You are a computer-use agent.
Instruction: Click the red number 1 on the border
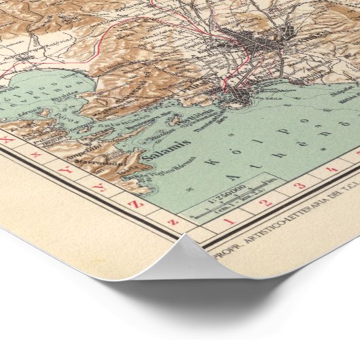228,221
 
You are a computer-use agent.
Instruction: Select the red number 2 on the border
266,202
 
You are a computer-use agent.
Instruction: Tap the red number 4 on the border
331,168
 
